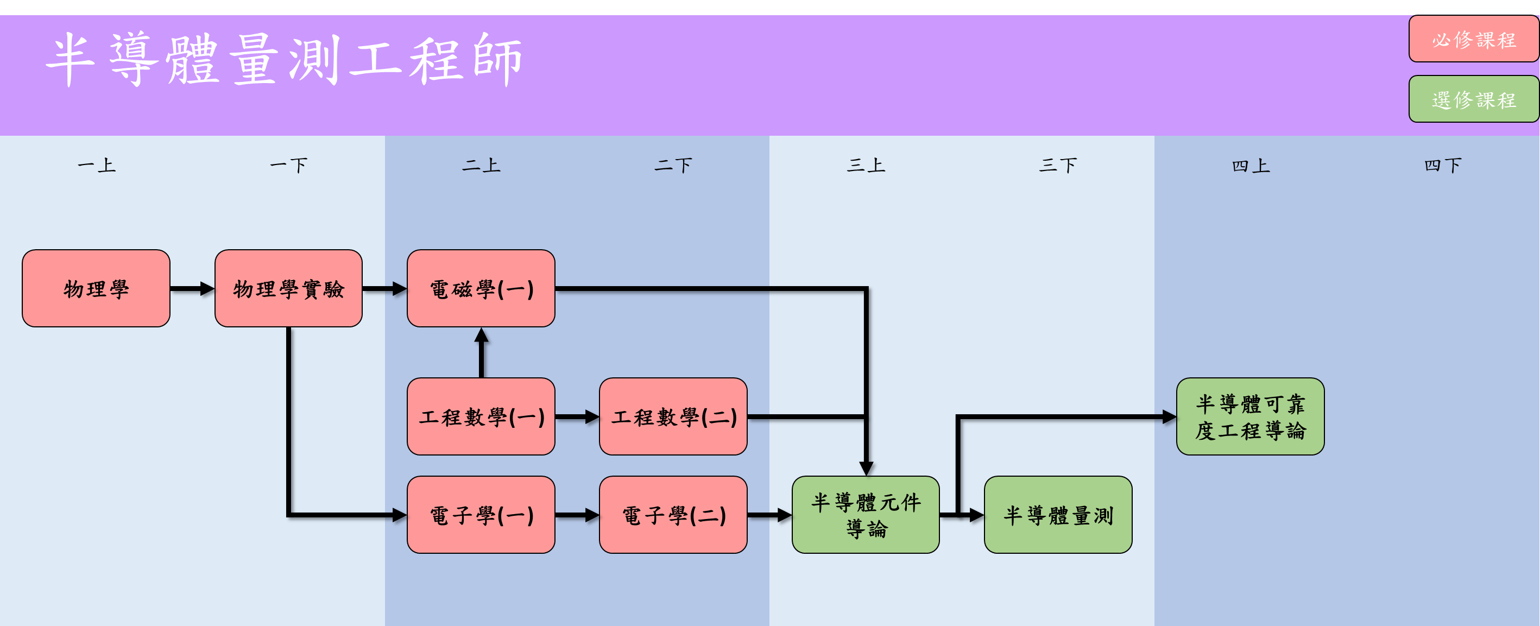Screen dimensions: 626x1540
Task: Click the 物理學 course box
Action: tap(96, 288)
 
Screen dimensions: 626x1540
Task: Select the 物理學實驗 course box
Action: tap(288, 288)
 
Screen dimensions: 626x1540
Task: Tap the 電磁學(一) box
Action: tap(481, 288)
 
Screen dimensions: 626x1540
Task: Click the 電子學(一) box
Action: tap(481, 514)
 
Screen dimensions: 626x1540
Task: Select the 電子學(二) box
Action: tap(673, 514)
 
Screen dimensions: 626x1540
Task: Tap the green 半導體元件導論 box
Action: tap(866, 514)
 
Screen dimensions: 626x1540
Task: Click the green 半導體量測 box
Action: tap(1058, 514)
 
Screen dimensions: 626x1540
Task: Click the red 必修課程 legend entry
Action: tap(1474, 40)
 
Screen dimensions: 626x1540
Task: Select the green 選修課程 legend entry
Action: tap(1474, 99)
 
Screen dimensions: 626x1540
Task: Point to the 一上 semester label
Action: tap(96, 165)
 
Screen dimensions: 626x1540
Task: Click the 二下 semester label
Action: tap(673, 165)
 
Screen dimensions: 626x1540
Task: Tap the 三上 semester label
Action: tap(866, 165)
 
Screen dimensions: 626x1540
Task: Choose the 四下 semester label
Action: tap(1443, 165)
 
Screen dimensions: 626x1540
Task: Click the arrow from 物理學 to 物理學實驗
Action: tap(192, 289)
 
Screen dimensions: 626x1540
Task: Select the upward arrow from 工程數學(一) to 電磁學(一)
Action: tap(481, 353)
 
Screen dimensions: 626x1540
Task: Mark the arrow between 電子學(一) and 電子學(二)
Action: tap(577, 515)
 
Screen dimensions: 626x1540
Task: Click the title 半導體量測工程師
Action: tap(284, 60)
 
